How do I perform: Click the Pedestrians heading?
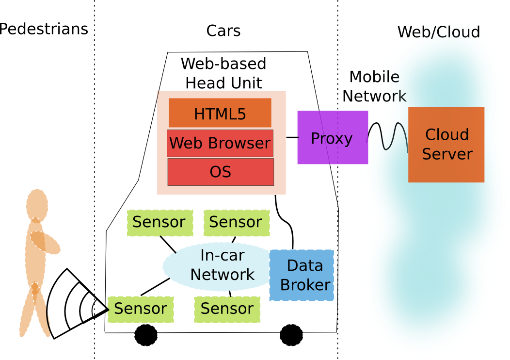(x=44, y=29)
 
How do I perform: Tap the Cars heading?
(x=223, y=31)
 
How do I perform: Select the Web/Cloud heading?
(x=439, y=32)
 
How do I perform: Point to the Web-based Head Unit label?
(x=223, y=73)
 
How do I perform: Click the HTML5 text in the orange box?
(x=220, y=114)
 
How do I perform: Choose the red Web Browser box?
(x=220, y=143)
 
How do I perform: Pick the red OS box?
(x=221, y=172)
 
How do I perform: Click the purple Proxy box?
(x=333, y=138)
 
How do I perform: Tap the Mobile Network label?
(x=374, y=86)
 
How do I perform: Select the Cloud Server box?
(x=446, y=145)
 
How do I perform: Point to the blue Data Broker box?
(x=302, y=275)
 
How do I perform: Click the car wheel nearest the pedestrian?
(x=145, y=335)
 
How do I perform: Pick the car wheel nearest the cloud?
(x=291, y=335)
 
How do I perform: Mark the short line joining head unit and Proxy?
(x=291, y=137)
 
